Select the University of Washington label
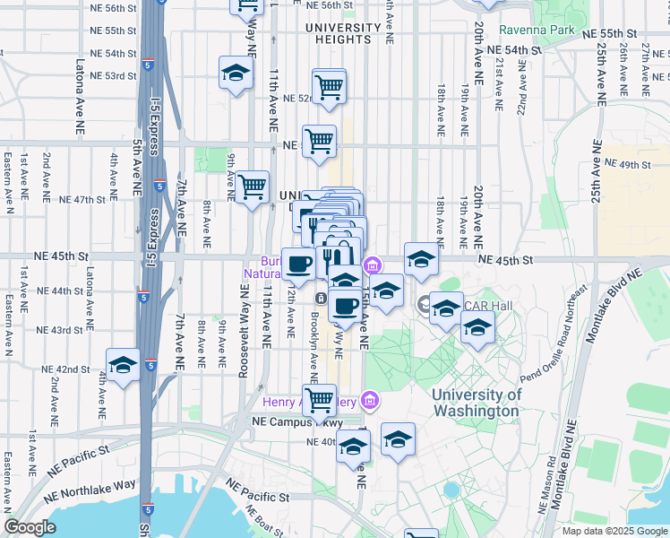(x=475, y=403)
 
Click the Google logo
(x=30, y=527)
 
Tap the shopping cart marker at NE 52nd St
(x=329, y=86)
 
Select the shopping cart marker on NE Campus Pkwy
(x=319, y=400)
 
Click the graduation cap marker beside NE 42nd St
(x=123, y=365)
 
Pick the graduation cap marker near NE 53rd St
(x=236, y=73)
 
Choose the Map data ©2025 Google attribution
(x=614, y=531)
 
